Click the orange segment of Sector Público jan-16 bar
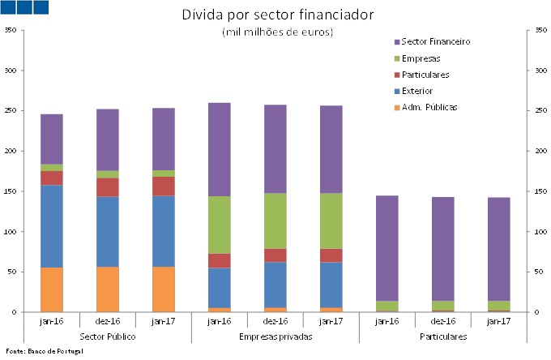click(52, 289)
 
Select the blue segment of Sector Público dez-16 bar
click(108, 232)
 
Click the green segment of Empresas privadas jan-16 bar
click(220, 225)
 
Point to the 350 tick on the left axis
click(11, 30)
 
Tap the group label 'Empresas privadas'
click(275, 336)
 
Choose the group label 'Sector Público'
click(108, 336)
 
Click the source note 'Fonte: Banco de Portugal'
click(44, 351)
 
